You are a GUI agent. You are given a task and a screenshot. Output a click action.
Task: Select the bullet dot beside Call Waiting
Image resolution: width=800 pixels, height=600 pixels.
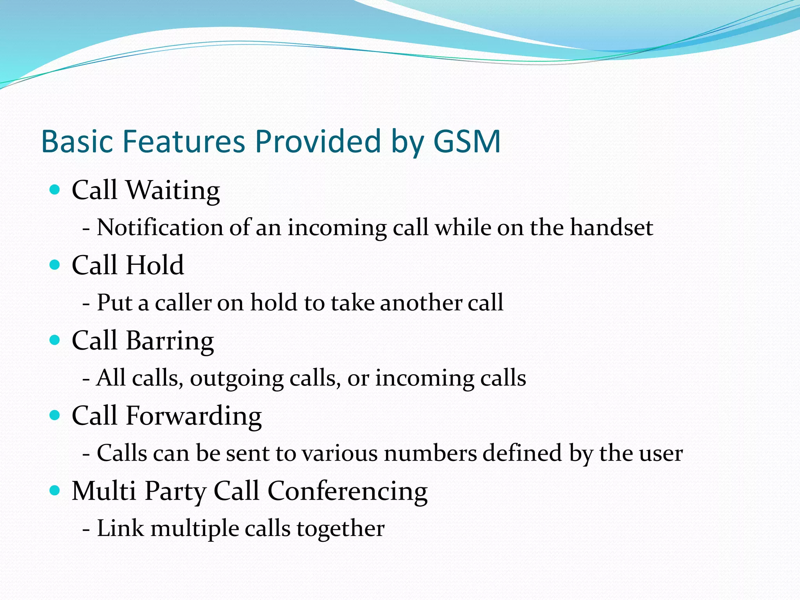(55, 190)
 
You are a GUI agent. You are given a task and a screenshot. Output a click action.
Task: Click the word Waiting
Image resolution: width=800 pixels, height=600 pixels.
(173, 191)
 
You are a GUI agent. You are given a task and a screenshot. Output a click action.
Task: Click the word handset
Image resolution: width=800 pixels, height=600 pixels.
(611, 227)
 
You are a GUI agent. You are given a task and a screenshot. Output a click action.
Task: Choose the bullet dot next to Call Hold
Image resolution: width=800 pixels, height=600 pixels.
(55, 265)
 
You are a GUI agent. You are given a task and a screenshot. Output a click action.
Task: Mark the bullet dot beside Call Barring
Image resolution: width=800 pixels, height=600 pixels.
(55, 340)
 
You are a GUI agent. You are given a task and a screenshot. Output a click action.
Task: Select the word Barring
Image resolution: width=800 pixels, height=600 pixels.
(170, 341)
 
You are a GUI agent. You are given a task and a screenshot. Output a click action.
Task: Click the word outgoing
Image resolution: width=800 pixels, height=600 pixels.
(237, 379)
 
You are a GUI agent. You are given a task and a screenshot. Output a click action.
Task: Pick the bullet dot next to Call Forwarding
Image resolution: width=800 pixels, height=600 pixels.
(55, 415)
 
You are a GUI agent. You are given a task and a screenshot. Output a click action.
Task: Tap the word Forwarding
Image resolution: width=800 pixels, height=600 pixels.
(194, 416)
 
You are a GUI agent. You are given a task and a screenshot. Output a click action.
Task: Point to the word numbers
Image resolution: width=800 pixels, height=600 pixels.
(430, 453)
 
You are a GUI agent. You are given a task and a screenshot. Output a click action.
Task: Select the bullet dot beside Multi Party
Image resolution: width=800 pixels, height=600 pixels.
(55, 490)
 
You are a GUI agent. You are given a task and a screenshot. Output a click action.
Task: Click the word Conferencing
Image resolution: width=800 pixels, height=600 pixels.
(347, 491)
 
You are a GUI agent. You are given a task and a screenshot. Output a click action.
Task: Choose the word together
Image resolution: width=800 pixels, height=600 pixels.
(340, 529)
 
